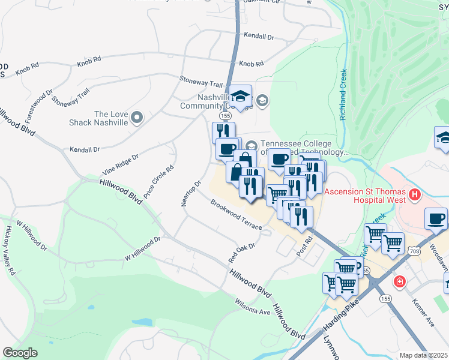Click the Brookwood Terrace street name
pos(236,215)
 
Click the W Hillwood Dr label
pos(143,248)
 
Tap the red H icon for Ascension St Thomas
pos(415,194)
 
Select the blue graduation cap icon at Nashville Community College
pos(241,97)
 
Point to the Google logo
pos(20,353)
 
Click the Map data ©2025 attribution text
pos(423,355)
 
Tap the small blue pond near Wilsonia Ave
pos(142,322)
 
